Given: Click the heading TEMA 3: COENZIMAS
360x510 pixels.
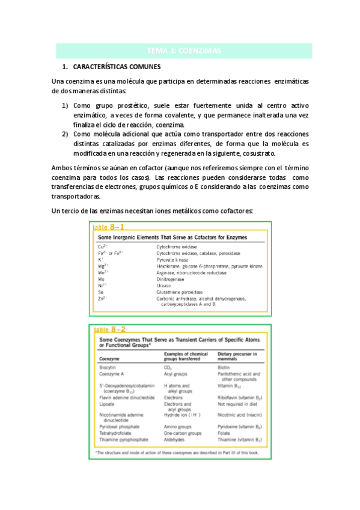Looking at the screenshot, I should click(x=184, y=51).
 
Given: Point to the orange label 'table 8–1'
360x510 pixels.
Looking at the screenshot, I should click(x=109, y=227).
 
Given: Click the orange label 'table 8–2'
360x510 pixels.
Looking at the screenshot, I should click(x=110, y=329).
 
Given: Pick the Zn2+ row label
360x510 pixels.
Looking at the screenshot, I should click(x=103, y=299).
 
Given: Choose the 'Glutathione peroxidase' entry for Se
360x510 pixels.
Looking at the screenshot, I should click(x=178, y=292).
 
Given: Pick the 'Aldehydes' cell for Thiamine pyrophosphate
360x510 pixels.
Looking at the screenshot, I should click(x=174, y=439).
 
